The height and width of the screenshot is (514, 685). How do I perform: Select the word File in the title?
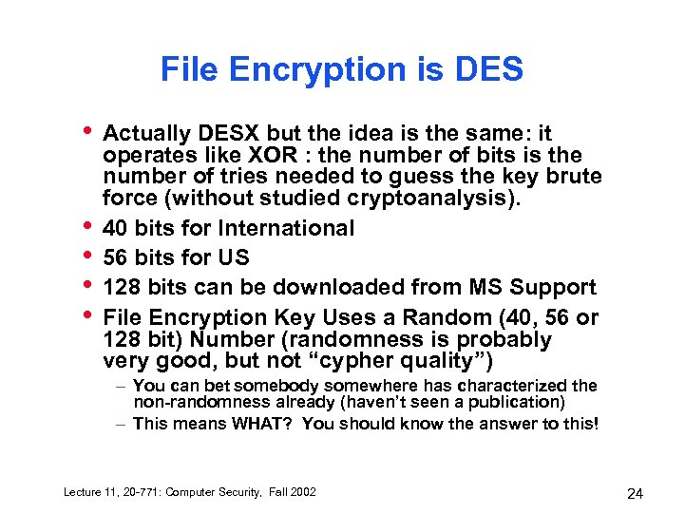coord(186,69)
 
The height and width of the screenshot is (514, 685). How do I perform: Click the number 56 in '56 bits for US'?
coord(116,257)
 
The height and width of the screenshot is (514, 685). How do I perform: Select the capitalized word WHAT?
coord(263,424)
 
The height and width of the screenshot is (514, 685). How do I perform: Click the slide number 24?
coord(636,492)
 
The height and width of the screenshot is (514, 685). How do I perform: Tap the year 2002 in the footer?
coord(300,491)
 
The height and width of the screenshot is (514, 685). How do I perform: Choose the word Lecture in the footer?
coord(82,491)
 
